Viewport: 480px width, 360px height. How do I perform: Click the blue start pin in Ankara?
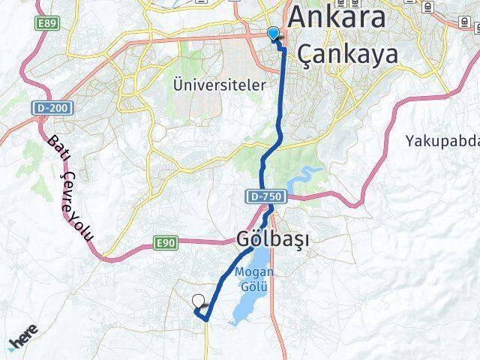click(x=273, y=34)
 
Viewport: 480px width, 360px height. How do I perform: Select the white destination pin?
click(x=199, y=302)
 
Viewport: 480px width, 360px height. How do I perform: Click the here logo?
click(x=25, y=342)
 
